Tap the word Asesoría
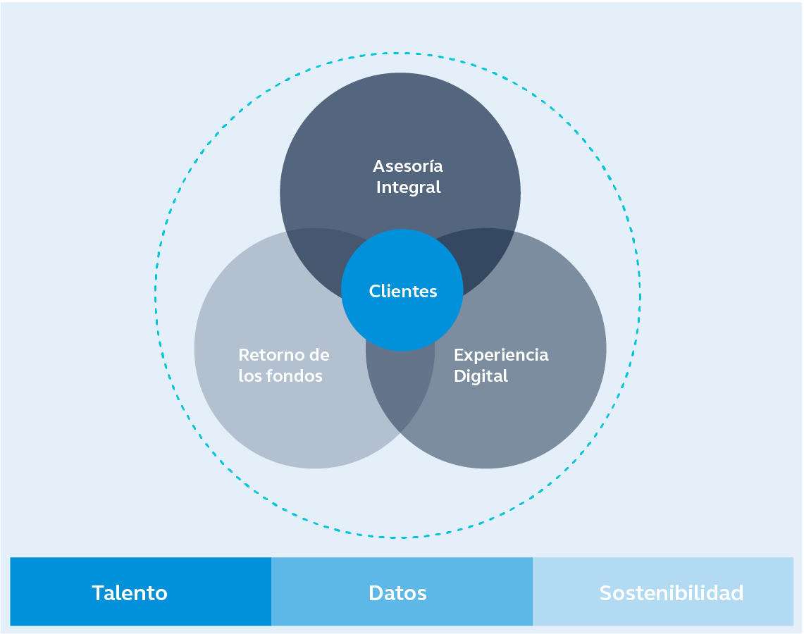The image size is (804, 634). tap(408, 167)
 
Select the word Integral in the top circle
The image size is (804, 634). tap(408, 187)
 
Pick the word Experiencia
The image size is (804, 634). tap(501, 355)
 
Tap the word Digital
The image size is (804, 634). tap(481, 376)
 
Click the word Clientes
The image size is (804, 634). tap(403, 291)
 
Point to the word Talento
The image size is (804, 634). tap(130, 593)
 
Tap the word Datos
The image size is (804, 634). tap(397, 593)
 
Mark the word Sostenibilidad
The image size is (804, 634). tap(672, 593)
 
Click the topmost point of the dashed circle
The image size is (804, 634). tap(398, 53)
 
